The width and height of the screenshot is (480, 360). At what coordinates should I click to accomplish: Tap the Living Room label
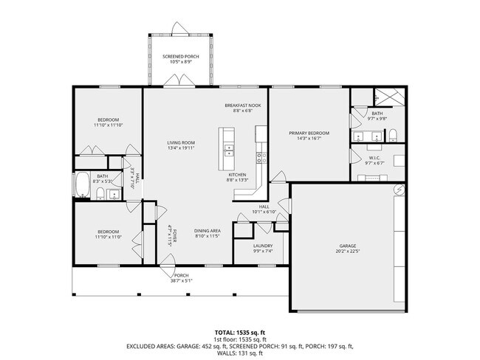tap(180, 142)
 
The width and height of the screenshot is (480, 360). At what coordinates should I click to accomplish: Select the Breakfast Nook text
tap(243, 105)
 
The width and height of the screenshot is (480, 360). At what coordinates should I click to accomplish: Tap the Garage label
tap(348, 246)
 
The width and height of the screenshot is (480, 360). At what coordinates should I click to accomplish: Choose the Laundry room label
tap(263, 246)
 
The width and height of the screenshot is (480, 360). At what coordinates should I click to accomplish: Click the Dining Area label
tap(208, 231)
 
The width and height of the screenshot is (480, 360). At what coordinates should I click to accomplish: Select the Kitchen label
tap(247, 175)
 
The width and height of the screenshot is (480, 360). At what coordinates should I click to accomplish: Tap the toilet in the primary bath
tap(394, 135)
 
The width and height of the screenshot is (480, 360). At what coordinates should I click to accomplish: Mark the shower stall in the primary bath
tap(388, 97)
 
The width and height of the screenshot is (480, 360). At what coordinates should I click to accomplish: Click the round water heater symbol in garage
tap(399, 189)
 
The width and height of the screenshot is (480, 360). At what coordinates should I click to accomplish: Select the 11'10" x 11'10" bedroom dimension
tap(107, 125)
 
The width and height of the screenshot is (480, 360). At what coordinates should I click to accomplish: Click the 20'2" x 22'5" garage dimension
tap(348, 251)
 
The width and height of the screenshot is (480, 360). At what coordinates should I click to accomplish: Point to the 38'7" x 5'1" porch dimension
tap(182, 280)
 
